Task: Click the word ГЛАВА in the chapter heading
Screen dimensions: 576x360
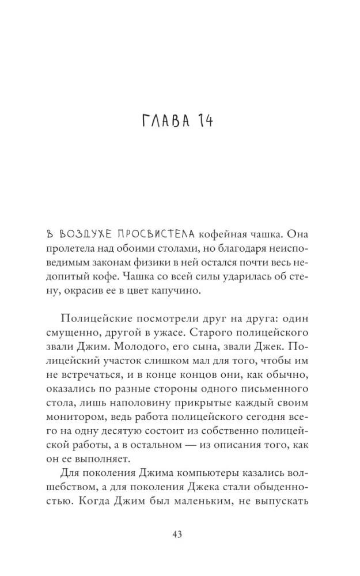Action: (162, 122)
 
